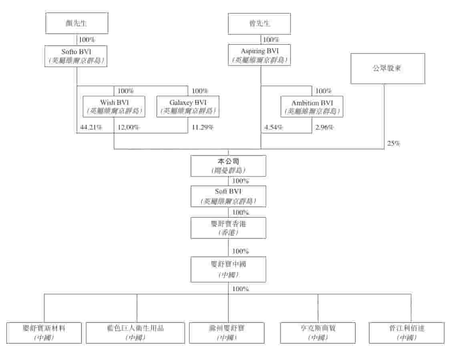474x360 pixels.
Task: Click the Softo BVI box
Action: point(76,56)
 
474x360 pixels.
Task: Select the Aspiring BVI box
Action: point(259,55)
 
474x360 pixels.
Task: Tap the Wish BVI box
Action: point(114,106)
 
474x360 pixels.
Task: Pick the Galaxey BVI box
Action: point(188,106)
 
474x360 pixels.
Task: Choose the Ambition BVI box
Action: point(311,106)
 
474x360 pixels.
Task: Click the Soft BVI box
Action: point(228,196)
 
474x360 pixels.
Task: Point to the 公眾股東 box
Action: point(388,68)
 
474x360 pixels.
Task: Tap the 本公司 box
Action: point(228,166)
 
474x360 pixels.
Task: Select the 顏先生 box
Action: point(76,23)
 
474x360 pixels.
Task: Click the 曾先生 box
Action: point(259,23)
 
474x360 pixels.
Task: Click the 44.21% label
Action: point(91,128)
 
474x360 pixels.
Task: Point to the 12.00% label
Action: point(128,128)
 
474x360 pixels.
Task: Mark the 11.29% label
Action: point(203,128)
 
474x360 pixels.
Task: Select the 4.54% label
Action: point(273,128)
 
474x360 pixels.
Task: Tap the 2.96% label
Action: point(325,128)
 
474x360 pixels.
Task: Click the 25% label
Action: point(394,143)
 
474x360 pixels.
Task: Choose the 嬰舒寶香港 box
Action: point(228,228)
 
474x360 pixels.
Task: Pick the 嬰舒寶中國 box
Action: point(228,269)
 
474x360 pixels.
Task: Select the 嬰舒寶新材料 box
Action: point(44,333)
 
